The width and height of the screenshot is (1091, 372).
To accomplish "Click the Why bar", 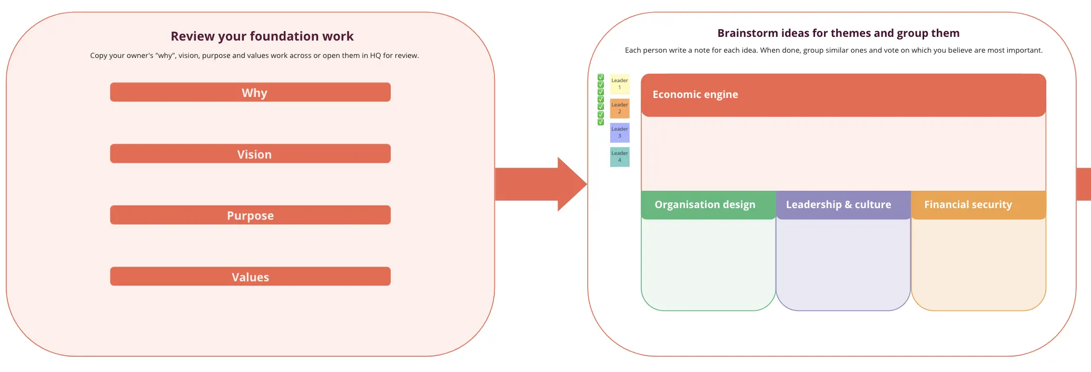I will point(250,92).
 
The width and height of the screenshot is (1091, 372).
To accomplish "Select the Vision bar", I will point(250,154).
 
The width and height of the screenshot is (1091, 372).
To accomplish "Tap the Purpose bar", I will point(250,215).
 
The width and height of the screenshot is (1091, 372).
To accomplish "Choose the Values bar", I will point(250,277).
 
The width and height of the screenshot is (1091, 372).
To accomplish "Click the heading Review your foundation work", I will point(262,36).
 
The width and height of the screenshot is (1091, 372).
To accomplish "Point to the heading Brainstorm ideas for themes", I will point(838,33).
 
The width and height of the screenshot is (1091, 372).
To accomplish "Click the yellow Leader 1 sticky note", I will point(620,84).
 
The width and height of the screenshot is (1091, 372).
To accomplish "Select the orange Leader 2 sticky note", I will point(620,109).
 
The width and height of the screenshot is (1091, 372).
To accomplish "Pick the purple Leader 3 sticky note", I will point(620,133).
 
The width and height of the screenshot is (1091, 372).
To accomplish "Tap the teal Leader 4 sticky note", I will point(620,157).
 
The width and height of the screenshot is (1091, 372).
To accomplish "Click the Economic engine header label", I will point(695,95).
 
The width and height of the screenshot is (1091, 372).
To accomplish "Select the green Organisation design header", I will point(705,205).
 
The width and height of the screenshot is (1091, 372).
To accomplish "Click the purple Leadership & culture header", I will point(838,205).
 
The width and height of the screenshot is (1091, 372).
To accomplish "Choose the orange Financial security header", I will point(968,205).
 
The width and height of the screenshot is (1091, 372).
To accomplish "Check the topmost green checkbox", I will point(601,77).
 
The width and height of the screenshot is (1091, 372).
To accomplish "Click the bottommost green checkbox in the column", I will point(601,122).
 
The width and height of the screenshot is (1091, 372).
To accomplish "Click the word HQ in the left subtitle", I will point(375,56).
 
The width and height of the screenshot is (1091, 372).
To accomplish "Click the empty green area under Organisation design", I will point(708,263).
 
